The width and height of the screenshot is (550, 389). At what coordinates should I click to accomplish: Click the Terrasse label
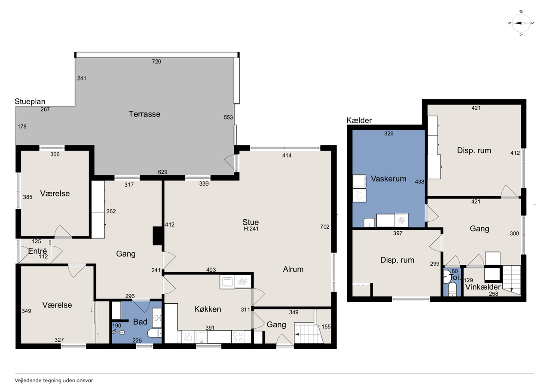coord(144,114)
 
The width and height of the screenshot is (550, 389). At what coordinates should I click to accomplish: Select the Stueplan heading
coord(30,101)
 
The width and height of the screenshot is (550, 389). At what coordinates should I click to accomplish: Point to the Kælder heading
coord(359,120)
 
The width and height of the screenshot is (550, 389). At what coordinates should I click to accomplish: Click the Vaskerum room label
coord(388,179)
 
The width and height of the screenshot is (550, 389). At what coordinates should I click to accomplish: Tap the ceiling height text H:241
coord(251,229)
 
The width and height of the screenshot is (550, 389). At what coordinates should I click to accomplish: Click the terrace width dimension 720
coord(156,61)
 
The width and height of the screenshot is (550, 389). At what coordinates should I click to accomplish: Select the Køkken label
coord(208,309)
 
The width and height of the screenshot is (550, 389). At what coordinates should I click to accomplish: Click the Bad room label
coord(140,322)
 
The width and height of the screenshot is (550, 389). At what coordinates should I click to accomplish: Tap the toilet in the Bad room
coord(154,333)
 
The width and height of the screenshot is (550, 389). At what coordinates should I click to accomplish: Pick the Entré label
coord(37,251)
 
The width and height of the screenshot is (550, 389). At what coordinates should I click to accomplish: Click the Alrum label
coord(293,269)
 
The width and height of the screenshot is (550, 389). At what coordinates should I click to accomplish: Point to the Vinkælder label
coord(483,287)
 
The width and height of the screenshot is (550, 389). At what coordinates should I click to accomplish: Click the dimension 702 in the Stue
coord(324,227)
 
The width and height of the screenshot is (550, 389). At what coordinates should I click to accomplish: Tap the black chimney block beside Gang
coord(157,236)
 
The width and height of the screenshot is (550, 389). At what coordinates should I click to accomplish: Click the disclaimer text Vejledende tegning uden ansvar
coord(54,380)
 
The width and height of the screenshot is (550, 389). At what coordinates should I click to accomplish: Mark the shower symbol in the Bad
coord(118,332)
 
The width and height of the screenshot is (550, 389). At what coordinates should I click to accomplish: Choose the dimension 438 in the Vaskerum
coord(419,182)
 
